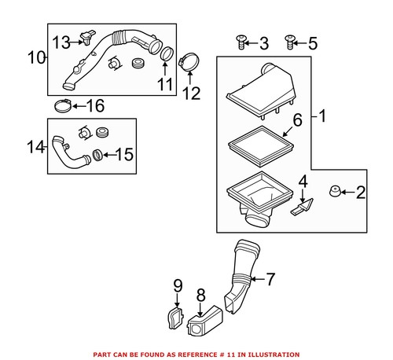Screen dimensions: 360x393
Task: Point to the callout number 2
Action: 361,190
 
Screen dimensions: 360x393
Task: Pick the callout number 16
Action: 95,106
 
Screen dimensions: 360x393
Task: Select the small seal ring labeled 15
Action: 98,153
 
